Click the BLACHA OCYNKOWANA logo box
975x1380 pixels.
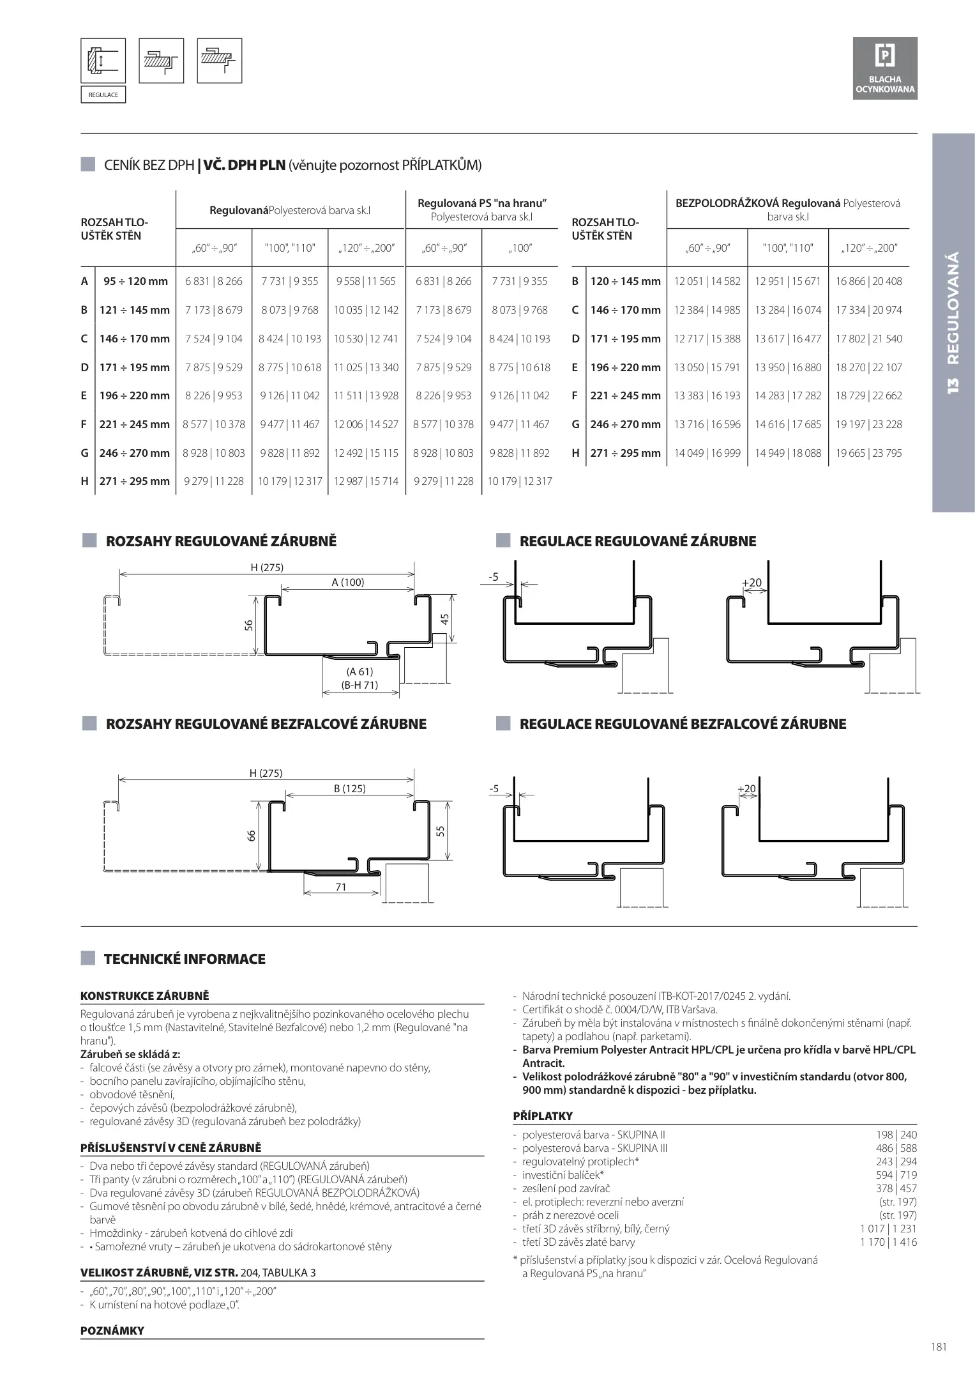885,68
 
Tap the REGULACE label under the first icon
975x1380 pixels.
103,95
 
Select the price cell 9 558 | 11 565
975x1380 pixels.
366,281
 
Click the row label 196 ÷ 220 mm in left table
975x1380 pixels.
135,395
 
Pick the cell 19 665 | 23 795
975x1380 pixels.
868,453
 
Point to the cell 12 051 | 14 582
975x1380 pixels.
707,281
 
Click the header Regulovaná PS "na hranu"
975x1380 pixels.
481,204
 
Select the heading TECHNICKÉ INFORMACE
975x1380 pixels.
185,959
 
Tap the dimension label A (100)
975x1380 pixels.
347,582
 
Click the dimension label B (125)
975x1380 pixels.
349,788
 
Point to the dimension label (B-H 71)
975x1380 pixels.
359,685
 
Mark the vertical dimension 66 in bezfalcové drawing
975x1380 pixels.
252,835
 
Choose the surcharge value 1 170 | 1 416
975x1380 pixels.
888,1242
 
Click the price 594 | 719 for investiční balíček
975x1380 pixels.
896,1175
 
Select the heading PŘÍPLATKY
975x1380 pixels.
543,1116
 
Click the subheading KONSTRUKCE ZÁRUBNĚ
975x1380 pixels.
144,995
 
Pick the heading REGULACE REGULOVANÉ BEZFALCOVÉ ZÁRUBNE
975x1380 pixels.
683,724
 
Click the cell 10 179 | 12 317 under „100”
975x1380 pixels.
519,481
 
